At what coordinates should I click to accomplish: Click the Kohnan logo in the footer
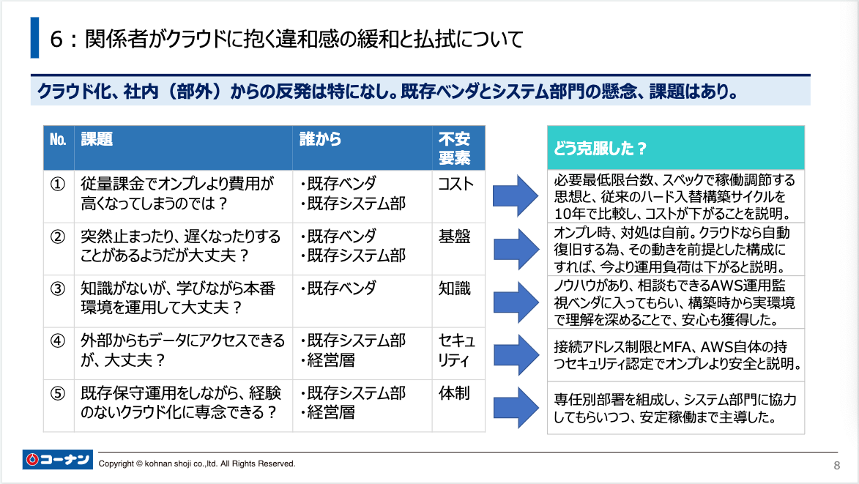58,460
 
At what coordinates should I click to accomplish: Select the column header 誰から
320,139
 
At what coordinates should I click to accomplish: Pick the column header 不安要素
454,148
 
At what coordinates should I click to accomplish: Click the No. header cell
58,139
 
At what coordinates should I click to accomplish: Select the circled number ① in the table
58,184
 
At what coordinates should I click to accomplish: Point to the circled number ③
58,288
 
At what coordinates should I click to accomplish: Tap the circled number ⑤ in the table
58,393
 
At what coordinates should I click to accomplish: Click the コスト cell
455,184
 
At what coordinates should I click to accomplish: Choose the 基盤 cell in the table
454,237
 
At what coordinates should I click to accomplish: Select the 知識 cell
454,288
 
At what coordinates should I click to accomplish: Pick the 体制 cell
454,393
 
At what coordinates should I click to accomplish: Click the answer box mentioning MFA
675,354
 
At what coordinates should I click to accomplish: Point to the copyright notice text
197,463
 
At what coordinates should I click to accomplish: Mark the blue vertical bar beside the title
34,38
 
